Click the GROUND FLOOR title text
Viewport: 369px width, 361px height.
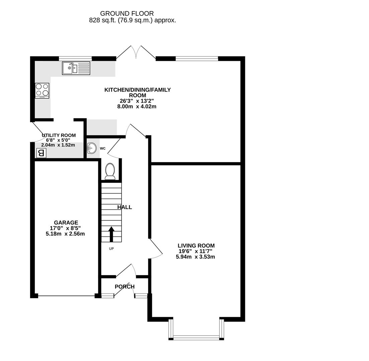coord(127,14)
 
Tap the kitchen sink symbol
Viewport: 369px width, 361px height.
coord(76,68)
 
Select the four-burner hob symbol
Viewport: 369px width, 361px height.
coord(42,90)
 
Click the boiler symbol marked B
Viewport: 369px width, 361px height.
coord(41,153)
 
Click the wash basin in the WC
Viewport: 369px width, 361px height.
coord(91,148)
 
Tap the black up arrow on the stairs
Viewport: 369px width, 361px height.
coord(111,234)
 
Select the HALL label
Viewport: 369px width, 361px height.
coord(124,207)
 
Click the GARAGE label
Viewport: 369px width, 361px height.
coord(66,223)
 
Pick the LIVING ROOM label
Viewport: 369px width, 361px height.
coord(196,246)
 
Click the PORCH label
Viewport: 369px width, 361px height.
coord(124,287)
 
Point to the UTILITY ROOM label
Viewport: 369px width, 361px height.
coord(59,135)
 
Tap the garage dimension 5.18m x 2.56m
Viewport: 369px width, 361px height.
coord(65,234)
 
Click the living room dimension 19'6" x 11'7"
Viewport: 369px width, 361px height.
coord(196,251)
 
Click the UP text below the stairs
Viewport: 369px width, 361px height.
coord(111,249)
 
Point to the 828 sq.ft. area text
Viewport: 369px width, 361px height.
coord(132,20)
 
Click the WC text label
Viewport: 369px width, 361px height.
coord(103,148)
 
